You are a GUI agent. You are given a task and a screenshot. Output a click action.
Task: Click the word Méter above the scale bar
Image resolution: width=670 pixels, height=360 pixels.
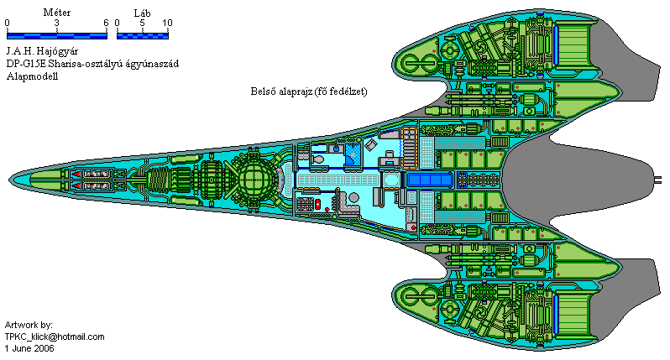pyautogui.click(x=56, y=13)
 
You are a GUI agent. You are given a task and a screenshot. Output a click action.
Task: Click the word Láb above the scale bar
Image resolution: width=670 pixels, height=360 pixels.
pyautogui.click(x=142, y=13)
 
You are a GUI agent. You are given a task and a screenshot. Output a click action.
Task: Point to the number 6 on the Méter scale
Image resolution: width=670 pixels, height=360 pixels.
pyautogui.click(x=106, y=23)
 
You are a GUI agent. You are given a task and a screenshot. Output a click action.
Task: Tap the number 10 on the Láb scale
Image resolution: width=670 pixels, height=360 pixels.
pyautogui.click(x=166, y=23)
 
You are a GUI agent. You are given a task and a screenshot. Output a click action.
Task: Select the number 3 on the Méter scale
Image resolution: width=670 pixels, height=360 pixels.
pyautogui.click(x=56, y=23)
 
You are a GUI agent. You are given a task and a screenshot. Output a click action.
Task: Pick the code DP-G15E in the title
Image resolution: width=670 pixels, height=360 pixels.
pyautogui.click(x=27, y=64)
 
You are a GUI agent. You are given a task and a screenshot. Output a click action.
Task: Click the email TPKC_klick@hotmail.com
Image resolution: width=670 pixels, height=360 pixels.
pyautogui.click(x=55, y=337)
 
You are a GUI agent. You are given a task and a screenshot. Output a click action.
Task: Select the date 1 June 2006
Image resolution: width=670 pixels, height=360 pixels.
pyautogui.click(x=29, y=347)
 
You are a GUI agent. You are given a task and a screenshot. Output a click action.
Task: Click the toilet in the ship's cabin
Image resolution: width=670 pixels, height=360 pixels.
pyautogui.click(x=318, y=159)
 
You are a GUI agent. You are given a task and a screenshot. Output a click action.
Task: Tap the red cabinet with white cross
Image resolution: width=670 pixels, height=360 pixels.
pyautogui.click(x=317, y=205)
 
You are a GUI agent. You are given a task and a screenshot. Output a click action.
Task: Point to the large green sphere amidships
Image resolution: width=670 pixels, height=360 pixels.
pyautogui.click(x=254, y=179)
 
